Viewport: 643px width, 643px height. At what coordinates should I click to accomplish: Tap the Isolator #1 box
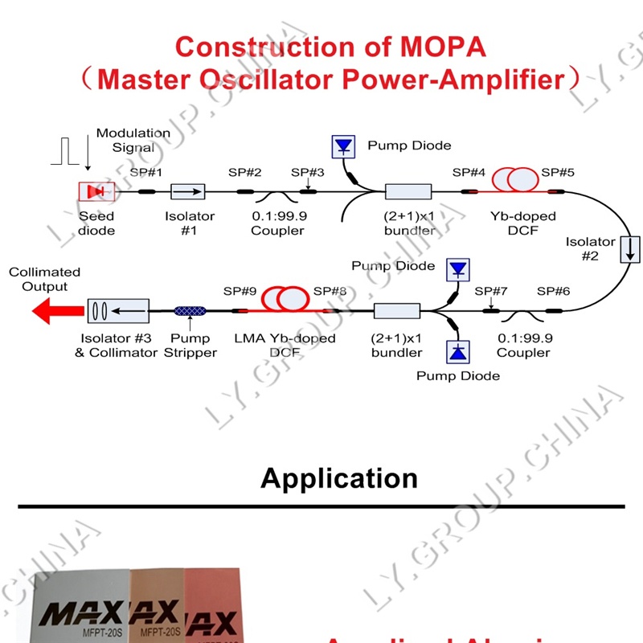[187, 191]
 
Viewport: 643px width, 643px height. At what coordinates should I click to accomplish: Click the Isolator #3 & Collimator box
[117, 309]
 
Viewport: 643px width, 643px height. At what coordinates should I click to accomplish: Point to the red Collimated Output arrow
[55, 309]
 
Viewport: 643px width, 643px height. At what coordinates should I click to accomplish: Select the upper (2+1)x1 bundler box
[408, 191]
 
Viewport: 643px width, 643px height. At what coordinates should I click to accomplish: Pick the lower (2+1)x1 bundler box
[397, 309]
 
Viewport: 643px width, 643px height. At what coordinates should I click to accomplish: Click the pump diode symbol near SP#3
[344, 146]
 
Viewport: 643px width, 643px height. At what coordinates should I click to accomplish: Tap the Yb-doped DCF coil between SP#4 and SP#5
[514, 180]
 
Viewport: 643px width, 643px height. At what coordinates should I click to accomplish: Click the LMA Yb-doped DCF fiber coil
[288, 300]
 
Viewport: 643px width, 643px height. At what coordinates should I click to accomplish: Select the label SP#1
[146, 173]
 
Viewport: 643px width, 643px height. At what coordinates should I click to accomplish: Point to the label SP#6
[553, 291]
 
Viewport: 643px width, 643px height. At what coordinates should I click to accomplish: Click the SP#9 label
[240, 291]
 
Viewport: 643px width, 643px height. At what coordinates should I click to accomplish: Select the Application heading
[339, 479]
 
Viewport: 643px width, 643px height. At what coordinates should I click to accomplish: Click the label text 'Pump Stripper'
[192, 346]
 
